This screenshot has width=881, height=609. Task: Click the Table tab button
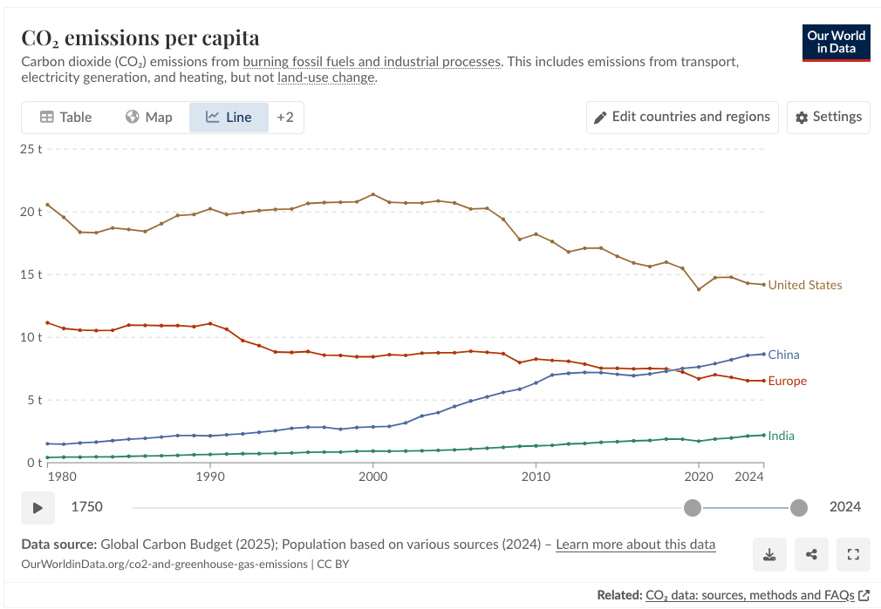(65, 117)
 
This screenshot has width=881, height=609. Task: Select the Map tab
(149, 117)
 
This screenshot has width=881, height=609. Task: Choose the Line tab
(229, 117)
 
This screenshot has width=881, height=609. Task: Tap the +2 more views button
(285, 117)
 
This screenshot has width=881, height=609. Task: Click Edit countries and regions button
(682, 117)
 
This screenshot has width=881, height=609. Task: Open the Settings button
(829, 117)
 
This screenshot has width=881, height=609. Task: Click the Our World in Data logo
(836, 43)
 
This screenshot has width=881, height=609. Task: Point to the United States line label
(804, 285)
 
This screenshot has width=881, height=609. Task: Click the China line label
(783, 355)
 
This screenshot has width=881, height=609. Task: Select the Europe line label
(787, 381)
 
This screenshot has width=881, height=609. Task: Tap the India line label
(781, 436)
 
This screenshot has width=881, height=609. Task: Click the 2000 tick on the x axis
(372, 477)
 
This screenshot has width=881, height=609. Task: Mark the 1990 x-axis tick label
(209, 477)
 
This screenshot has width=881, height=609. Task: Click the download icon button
(769, 554)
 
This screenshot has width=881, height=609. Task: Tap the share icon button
(811, 554)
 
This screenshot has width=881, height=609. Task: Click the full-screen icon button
(853, 554)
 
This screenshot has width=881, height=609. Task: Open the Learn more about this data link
(635, 545)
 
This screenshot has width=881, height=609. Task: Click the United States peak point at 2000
(373, 194)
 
